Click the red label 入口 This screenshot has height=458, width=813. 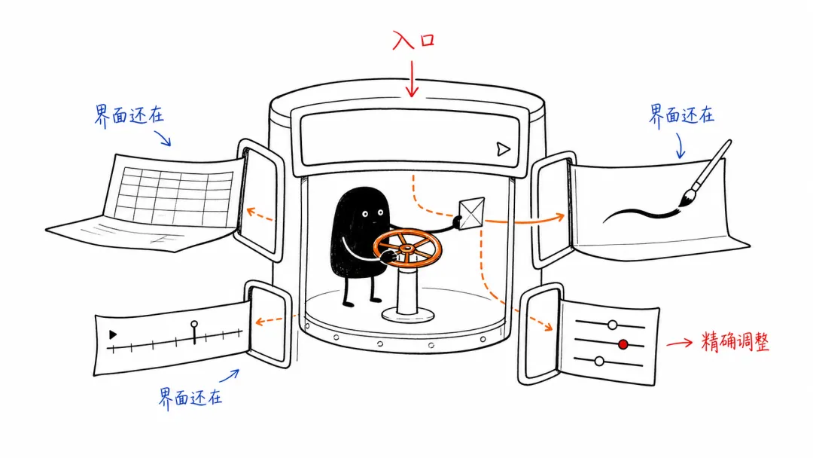click(x=413, y=40)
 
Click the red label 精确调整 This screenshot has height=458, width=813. click(x=735, y=342)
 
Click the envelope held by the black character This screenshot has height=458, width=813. click(x=472, y=213)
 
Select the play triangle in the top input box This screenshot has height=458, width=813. click(x=502, y=149)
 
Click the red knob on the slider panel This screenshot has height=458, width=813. click(x=623, y=344)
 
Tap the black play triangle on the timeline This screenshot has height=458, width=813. click(x=112, y=334)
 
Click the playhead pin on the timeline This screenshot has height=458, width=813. click(x=194, y=332)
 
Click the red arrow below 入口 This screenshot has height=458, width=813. click(x=413, y=79)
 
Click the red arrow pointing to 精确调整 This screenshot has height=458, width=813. click(x=680, y=343)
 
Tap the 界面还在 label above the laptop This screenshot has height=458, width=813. click(x=129, y=115)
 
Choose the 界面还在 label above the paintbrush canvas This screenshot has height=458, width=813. click(x=681, y=114)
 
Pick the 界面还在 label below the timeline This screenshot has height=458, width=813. click(x=190, y=398)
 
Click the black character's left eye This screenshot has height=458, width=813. click(x=365, y=214)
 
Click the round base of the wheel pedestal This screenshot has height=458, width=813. click(x=408, y=314)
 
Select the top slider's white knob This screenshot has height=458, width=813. click(x=612, y=325)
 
